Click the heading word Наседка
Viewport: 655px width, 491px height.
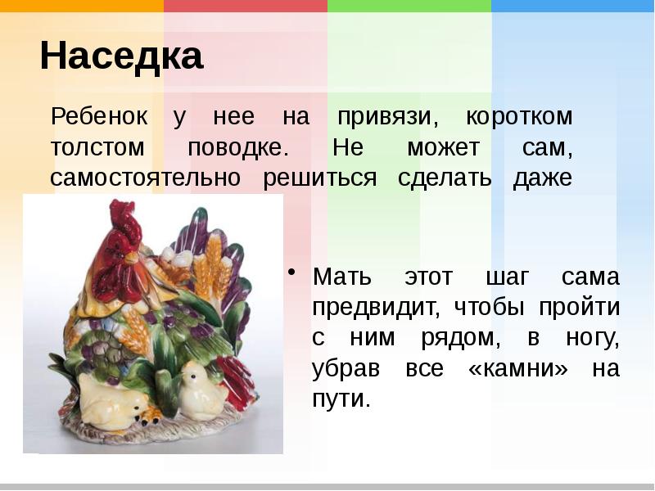(121, 56)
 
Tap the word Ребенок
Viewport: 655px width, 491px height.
(99, 116)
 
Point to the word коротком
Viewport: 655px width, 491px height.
(519, 117)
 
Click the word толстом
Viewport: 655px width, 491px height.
(97, 148)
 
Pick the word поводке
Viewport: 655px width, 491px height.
(238, 148)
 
